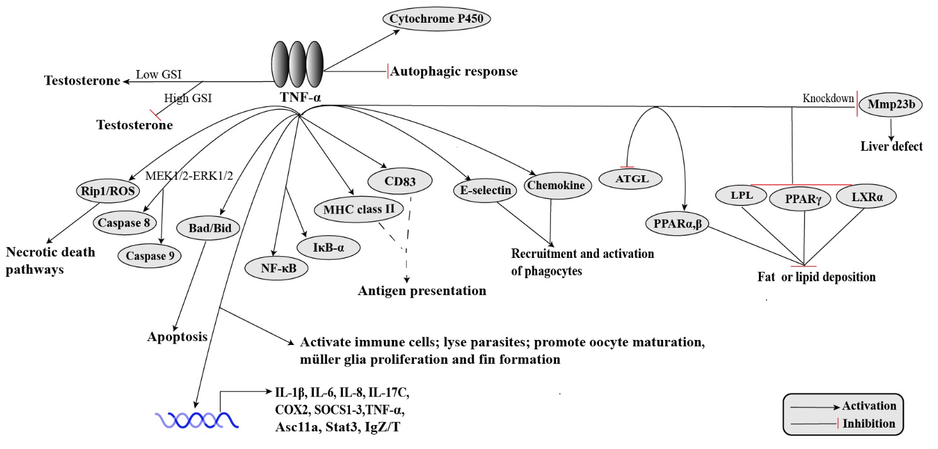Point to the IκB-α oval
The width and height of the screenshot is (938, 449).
(330, 247)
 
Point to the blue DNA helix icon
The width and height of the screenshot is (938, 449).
(197, 419)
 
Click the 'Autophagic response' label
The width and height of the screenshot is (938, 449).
(454, 71)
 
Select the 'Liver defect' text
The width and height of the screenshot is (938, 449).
(891, 147)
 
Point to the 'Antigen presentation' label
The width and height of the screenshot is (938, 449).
(422, 291)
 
